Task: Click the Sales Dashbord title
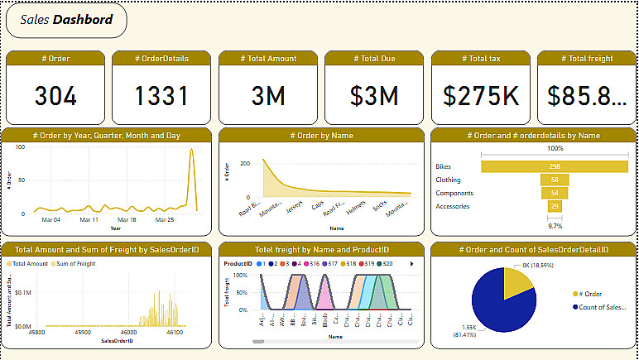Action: tap(66, 20)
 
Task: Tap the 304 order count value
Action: tap(55, 96)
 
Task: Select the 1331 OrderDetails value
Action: tap(162, 96)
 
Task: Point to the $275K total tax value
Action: tap(481, 96)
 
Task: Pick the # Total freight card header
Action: tap(587, 58)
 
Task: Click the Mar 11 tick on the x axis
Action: tap(90, 221)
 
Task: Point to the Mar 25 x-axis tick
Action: tap(166, 221)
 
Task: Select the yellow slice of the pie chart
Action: tap(517, 283)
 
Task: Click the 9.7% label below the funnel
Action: tap(554, 225)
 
